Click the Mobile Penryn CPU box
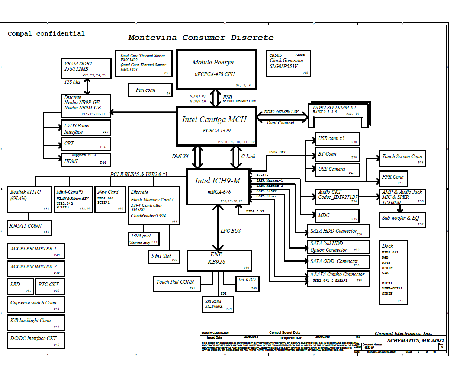[x=216, y=70]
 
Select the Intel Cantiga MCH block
[x=216, y=126]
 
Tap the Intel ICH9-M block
[x=218, y=186]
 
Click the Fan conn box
[x=149, y=90]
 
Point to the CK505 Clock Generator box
[x=288, y=63]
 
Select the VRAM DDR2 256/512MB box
[x=86, y=68]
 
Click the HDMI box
[x=86, y=160]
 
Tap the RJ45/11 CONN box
[x=29, y=228]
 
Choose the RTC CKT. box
[x=51, y=286]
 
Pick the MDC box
[x=337, y=216]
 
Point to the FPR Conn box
[x=393, y=178]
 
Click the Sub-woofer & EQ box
[x=402, y=220]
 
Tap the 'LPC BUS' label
[x=231, y=231]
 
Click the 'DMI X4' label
[x=180, y=157]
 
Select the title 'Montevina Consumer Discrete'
[x=201, y=38]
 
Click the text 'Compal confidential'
[x=46, y=33]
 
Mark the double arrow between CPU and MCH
[x=215, y=98]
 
